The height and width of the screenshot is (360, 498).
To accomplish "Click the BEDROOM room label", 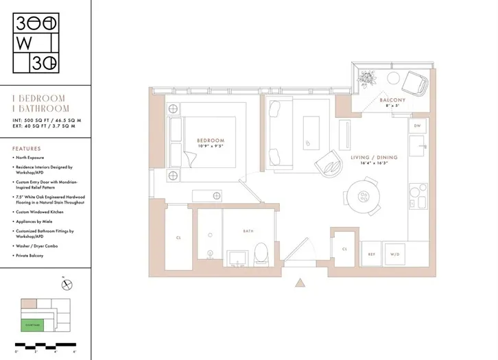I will [210, 141].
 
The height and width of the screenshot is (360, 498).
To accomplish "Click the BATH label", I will [248, 231].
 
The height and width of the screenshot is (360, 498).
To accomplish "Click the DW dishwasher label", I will [417, 126].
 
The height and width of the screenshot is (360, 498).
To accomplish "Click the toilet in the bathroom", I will [261, 254].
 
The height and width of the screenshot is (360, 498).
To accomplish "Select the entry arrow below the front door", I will [299, 283].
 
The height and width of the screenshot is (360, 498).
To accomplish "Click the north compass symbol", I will [67, 285].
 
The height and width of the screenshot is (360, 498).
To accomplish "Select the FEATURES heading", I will [27, 148].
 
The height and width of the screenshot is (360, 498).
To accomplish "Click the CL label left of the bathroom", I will [178, 238].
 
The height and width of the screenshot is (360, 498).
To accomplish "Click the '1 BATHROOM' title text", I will [41, 108].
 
